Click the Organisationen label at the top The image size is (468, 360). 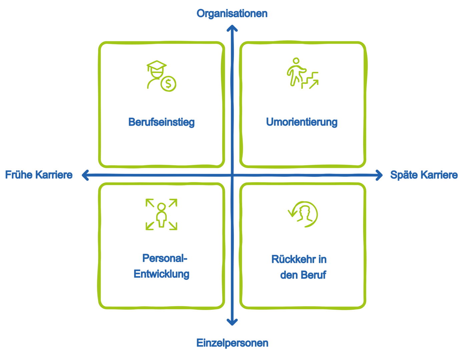[232, 14]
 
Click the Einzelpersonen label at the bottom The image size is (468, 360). [232, 343]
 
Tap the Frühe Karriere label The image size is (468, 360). [39, 175]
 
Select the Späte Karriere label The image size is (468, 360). [424, 175]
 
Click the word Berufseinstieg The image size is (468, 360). [161, 122]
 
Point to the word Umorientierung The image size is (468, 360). [302, 122]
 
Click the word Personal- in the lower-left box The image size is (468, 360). [164, 258]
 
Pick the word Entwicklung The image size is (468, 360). [161, 274]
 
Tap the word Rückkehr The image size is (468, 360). [290, 259]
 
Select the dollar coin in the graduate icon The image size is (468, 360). [168, 83]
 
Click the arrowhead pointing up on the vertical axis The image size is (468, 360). [232, 28]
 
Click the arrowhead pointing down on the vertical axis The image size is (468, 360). [232, 322]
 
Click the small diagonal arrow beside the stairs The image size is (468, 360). [313, 85]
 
